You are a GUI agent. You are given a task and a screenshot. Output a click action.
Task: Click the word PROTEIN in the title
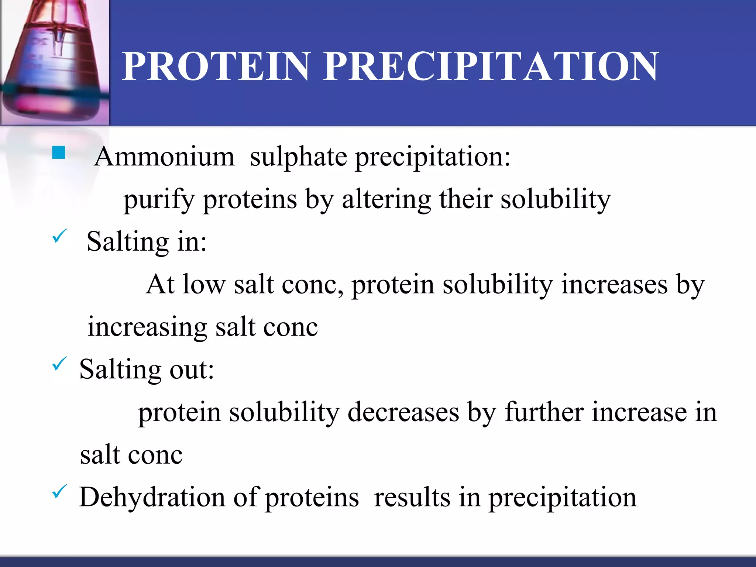216,66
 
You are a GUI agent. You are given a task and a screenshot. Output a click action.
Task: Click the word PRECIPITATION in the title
491,66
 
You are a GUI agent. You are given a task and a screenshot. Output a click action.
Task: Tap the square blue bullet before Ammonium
59,152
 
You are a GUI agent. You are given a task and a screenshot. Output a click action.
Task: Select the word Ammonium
165,157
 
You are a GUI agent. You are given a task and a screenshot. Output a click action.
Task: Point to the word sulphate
298,157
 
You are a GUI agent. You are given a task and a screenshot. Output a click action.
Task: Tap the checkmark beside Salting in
59,236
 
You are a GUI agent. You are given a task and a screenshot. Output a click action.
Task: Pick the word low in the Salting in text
204,285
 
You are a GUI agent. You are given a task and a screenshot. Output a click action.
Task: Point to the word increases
614,285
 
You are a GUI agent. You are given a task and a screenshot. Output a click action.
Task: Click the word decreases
403,412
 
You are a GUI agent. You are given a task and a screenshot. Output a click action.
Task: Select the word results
412,498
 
